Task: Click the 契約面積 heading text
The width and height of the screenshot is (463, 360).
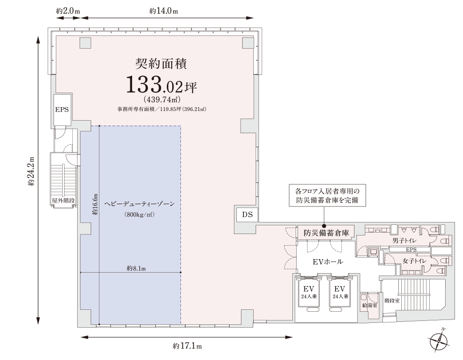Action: click(161, 63)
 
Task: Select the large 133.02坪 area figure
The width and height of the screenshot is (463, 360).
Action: click(161, 85)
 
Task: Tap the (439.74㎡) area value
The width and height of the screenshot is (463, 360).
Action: click(161, 100)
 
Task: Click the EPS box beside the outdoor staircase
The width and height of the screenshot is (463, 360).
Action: click(62, 110)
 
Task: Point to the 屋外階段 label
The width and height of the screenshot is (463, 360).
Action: click(63, 200)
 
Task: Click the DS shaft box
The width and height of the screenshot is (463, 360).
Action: click(247, 214)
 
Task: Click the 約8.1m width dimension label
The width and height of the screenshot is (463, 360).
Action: click(136, 268)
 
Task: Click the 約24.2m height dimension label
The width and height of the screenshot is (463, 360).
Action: click(32, 171)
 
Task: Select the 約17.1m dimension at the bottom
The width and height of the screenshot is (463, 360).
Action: click(187, 346)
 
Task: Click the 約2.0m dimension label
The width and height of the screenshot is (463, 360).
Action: click(68, 11)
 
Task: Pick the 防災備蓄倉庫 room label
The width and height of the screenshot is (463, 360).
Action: click(326, 233)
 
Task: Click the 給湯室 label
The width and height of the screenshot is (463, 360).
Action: click(369, 305)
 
